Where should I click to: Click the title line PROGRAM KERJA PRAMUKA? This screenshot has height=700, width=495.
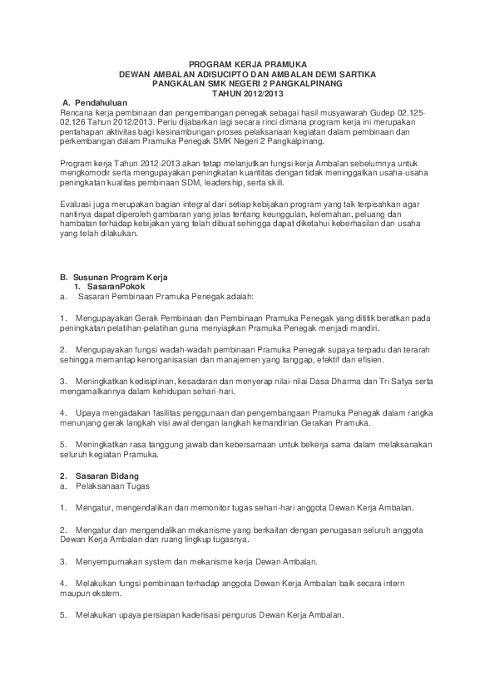pyautogui.click(x=247, y=63)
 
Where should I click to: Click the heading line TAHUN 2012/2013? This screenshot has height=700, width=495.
pyautogui.click(x=247, y=92)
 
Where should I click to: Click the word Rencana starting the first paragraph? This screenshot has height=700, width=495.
pyautogui.click(x=76, y=111)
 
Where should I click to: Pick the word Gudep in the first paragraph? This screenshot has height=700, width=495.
pyautogui.click(x=377, y=111)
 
